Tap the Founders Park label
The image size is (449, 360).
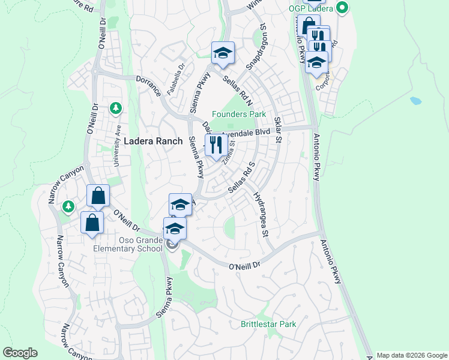click(238, 114)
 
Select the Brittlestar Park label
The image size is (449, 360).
click(268, 324)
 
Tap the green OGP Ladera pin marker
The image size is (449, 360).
click(343, 8)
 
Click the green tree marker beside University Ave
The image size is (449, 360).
click(116, 109)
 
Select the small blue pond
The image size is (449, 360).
click(415, 101)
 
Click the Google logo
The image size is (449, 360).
click(20, 353)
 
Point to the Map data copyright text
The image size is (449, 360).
click(412, 355)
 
